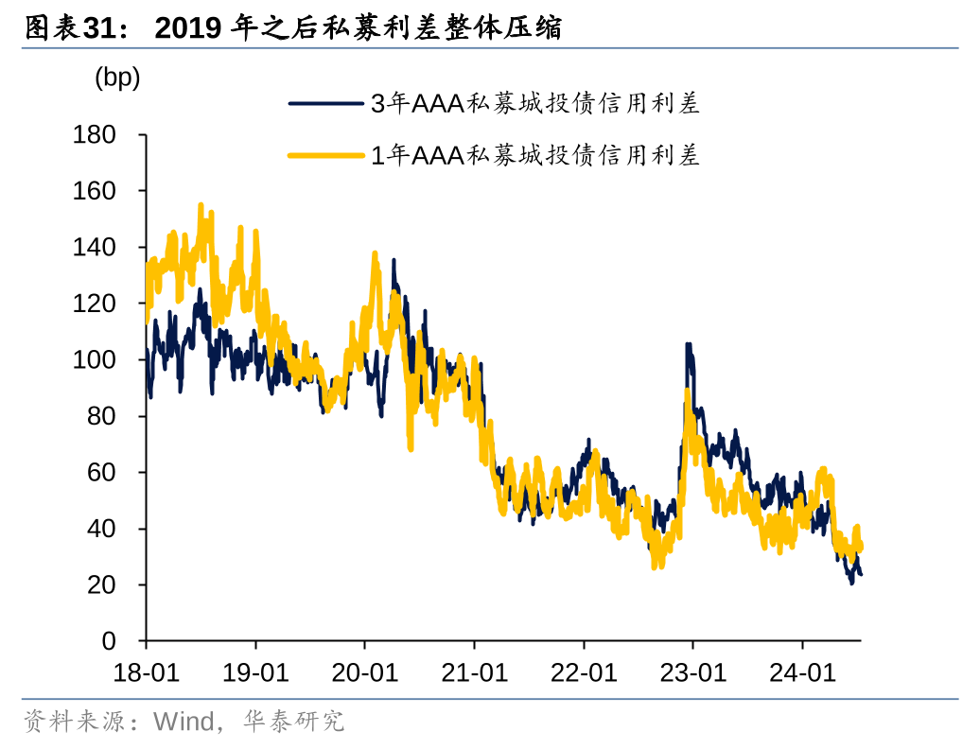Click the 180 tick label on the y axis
95,135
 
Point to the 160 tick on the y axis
95,191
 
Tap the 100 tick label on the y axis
95,360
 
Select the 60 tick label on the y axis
102,473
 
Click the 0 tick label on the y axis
110,642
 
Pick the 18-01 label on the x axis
147,672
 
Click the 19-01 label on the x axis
255,672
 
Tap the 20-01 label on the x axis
365,672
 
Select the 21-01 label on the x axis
474,672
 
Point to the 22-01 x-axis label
584,672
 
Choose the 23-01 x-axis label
692,672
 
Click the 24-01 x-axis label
802,672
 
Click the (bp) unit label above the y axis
117,78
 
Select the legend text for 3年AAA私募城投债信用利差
534,104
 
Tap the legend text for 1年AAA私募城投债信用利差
534,155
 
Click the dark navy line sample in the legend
327,104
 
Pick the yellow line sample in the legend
327,155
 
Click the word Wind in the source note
184,723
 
